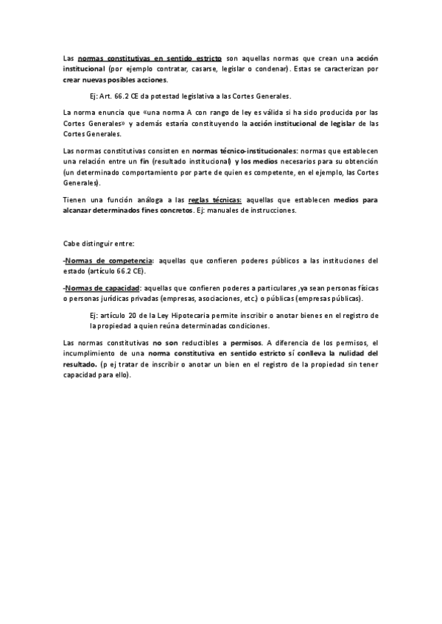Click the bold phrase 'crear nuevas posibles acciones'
pyautogui.click(x=115, y=79)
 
